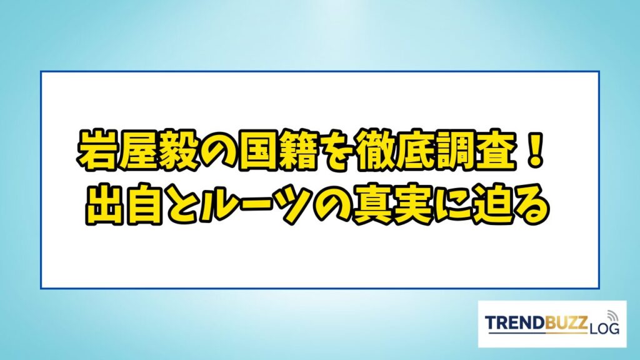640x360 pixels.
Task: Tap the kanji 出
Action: click(x=104, y=204)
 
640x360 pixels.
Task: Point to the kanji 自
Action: click(x=144, y=204)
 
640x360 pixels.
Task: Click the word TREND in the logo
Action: click(x=515, y=322)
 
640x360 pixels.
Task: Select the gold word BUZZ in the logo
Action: click(x=566, y=322)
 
